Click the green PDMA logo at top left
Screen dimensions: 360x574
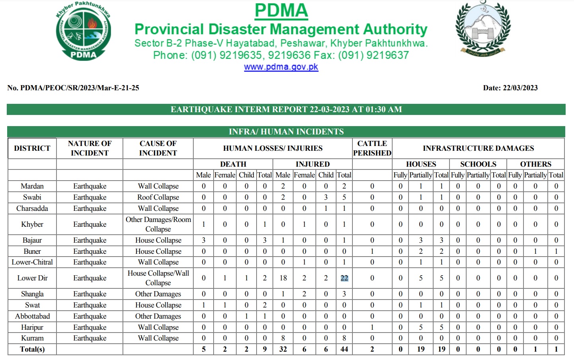tap(84, 32)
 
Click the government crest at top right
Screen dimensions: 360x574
tap(483, 29)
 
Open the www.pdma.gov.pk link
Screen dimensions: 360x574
tap(281, 67)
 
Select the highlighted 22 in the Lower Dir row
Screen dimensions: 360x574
tap(344, 278)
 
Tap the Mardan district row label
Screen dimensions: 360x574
tap(32, 186)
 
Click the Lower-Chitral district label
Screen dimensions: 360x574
tap(32, 262)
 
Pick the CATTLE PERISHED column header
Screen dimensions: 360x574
tap(372, 148)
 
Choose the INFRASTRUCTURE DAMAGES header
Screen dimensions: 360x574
tap(478, 148)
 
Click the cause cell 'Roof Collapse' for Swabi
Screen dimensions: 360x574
tap(158, 197)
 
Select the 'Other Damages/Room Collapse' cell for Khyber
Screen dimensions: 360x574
tap(158, 224)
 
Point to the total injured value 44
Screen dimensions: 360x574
tap(344, 349)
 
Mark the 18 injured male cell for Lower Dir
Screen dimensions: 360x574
tap(283, 278)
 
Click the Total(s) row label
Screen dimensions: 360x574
tap(32, 349)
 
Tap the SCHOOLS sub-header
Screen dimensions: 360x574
tap(478, 164)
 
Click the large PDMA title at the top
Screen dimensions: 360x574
tap(281, 11)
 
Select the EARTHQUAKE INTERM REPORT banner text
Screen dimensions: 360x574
tap(286, 109)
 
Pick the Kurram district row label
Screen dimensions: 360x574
tap(32, 338)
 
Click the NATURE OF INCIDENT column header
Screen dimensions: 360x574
tap(90, 148)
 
